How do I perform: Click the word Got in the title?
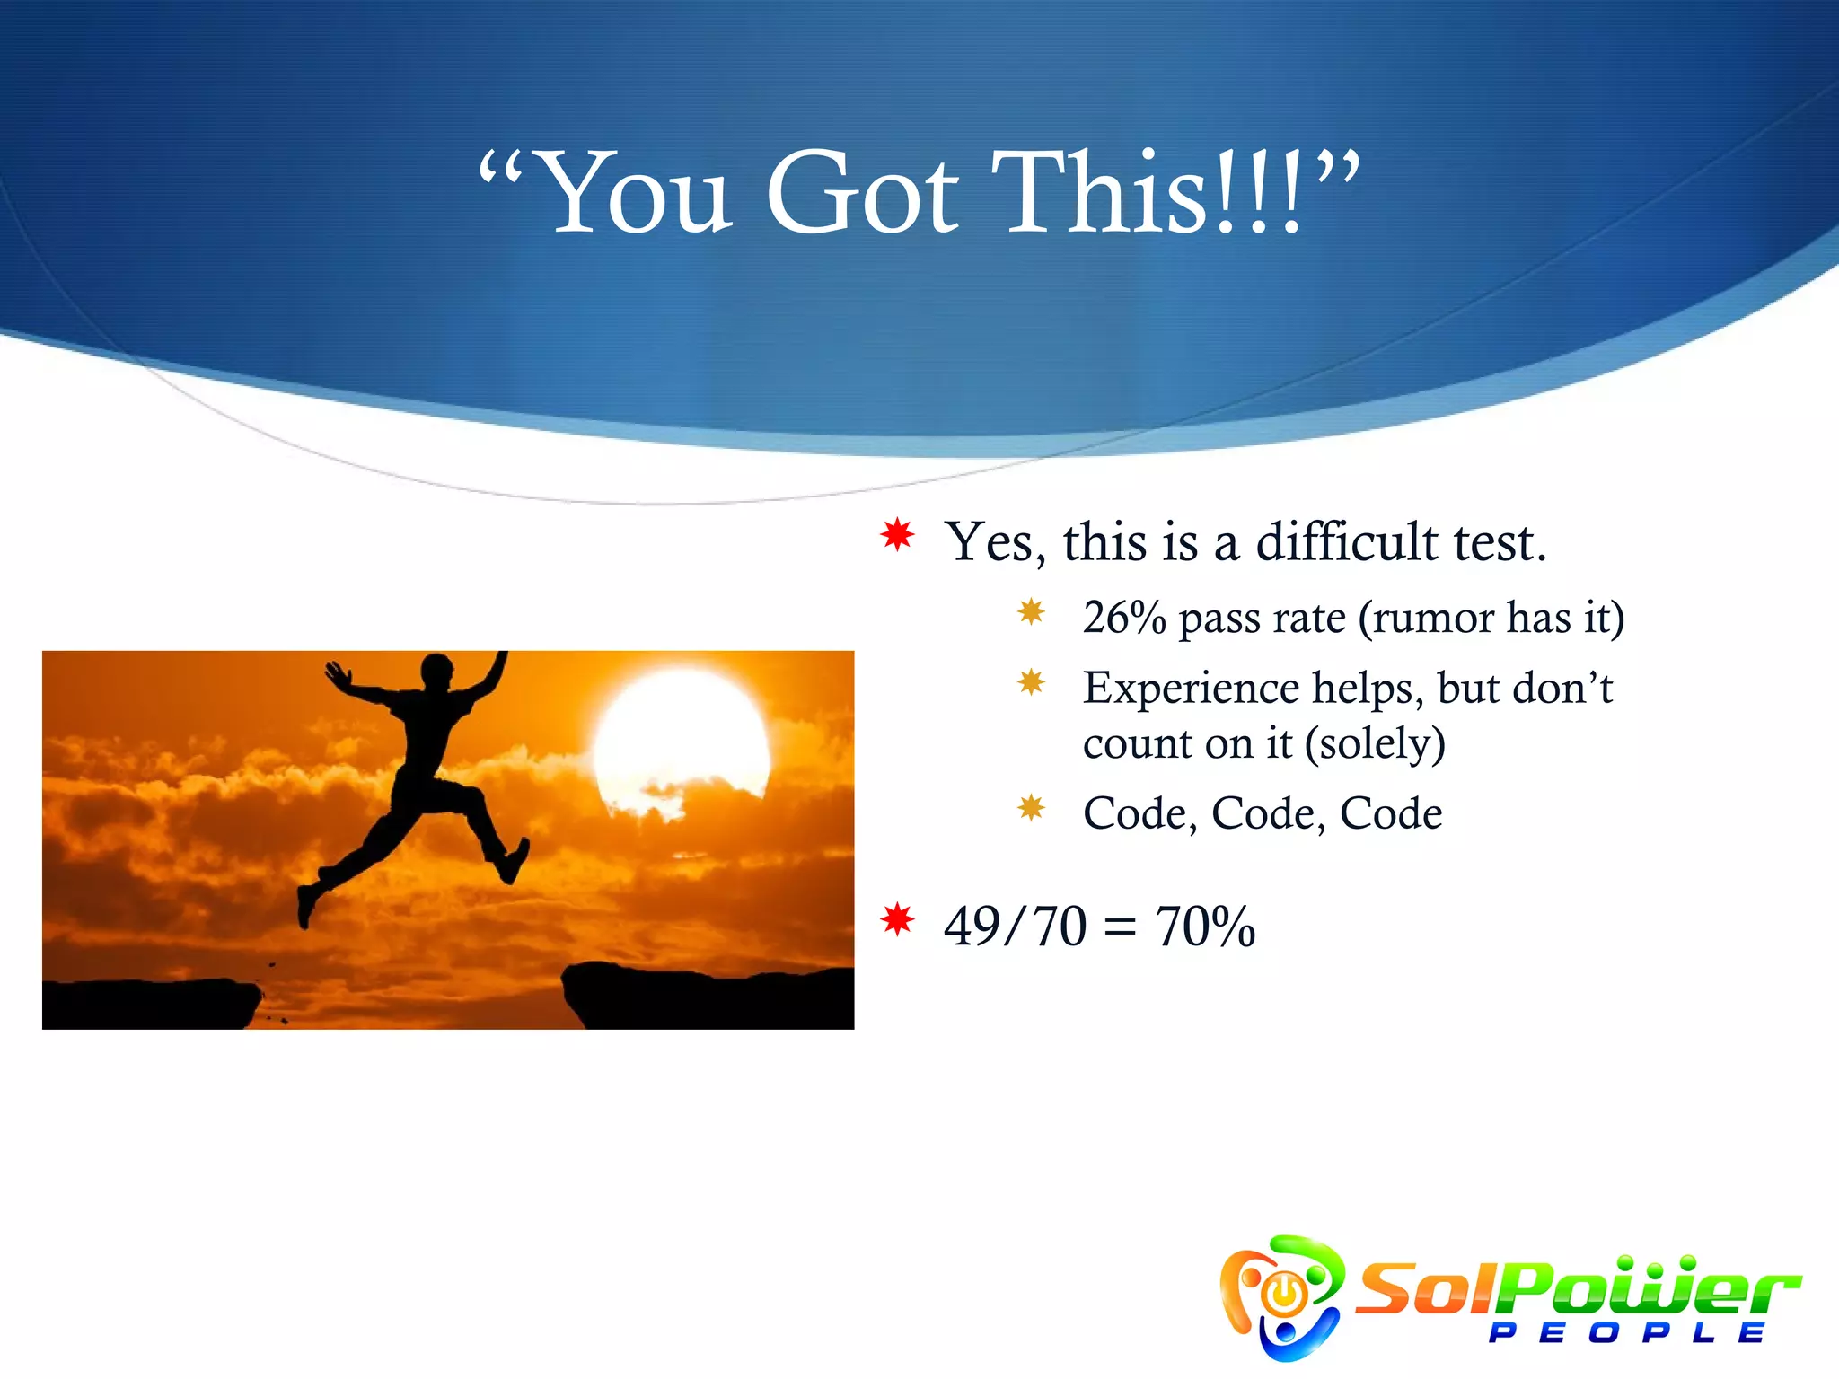862,193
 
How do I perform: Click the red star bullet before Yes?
897,535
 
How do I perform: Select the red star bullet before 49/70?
897,919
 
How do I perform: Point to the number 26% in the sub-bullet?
1123,618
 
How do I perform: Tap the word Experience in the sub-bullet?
1190,689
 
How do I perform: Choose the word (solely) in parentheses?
1375,743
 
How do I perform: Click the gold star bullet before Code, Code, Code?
1031,808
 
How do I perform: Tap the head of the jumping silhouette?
436,670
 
